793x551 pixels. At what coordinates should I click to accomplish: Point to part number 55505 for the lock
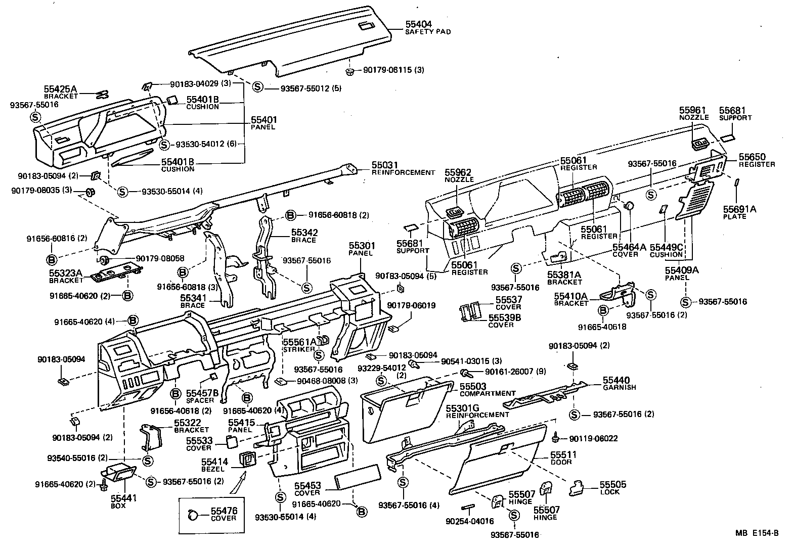(613, 485)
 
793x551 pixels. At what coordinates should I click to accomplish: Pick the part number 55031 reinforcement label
(385, 165)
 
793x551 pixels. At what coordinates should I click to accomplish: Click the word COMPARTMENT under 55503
(488, 393)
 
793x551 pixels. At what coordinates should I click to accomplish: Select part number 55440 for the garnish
(615, 380)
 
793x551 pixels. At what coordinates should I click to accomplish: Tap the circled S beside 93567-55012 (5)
(257, 87)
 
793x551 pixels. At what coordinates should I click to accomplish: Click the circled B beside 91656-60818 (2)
(291, 215)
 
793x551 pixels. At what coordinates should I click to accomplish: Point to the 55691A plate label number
(739, 209)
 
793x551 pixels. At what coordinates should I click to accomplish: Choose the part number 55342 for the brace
(304, 233)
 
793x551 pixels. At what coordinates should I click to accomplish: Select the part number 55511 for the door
(561, 455)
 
